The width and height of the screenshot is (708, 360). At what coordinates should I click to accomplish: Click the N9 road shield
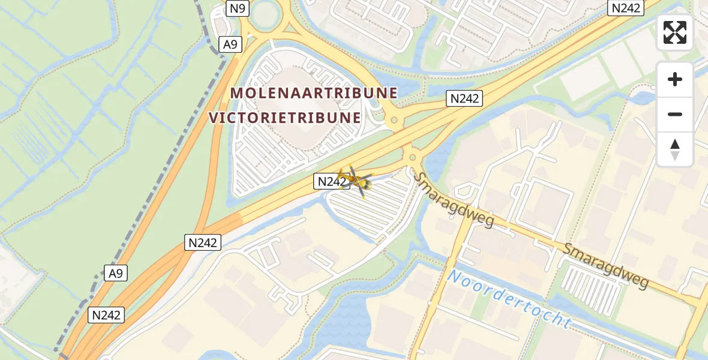[238, 8]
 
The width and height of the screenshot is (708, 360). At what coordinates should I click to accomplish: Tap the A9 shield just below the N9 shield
[230, 44]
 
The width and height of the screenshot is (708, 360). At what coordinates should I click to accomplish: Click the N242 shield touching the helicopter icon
[331, 181]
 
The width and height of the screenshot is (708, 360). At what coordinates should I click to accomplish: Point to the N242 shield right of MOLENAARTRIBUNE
[465, 98]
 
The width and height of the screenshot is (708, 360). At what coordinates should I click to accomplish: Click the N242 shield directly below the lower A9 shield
[107, 315]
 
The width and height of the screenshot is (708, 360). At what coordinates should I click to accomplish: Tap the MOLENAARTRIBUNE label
[314, 93]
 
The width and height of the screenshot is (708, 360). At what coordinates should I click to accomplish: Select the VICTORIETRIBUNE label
[286, 118]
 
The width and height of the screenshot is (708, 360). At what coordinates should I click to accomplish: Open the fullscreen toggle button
[675, 32]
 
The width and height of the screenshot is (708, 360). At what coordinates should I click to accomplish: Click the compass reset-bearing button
[675, 149]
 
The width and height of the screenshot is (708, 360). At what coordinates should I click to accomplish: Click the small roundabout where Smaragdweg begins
[412, 158]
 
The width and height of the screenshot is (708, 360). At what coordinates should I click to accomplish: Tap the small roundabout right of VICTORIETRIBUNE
[394, 120]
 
